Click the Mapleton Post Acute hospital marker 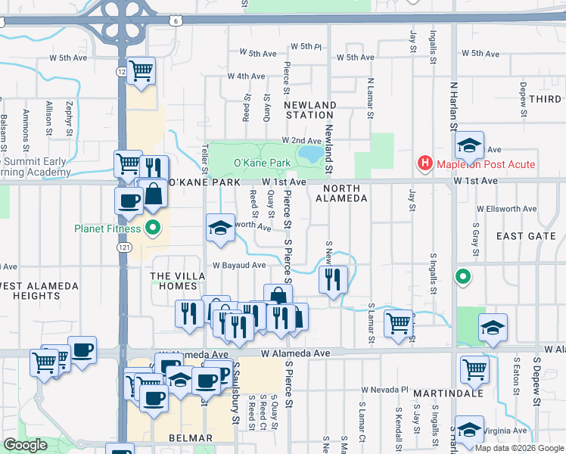(x=425, y=163)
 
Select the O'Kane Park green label (x=262, y=163)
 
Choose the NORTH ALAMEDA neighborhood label (x=344, y=193)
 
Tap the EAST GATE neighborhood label (x=526, y=236)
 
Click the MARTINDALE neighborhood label (x=443, y=393)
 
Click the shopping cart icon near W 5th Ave (x=141, y=71)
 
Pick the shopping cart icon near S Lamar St (x=398, y=323)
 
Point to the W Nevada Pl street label (x=384, y=390)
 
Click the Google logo (x=26, y=445)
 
